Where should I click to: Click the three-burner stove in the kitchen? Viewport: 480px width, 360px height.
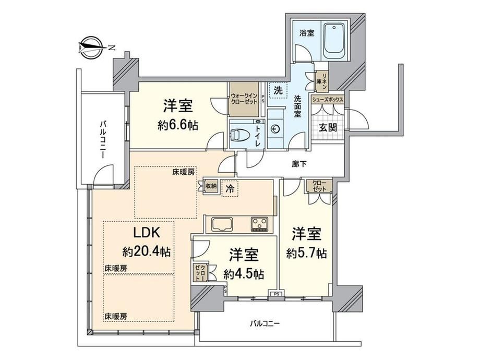pyautogui.click(x=259, y=224)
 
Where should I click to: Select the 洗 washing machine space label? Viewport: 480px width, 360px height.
pyautogui.click(x=278, y=90)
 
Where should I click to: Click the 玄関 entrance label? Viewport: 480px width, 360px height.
pyautogui.click(x=328, y=127)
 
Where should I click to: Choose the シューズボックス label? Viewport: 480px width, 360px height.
pyautogui.click(x=327, y=100)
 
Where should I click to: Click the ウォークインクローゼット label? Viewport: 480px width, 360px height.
pyautogui.click(x=244, y=99)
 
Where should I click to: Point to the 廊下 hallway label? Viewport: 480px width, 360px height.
pyautogui.click(x=299, y=164)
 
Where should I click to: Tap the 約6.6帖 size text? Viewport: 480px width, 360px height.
pyautogui.click(x=178, y=126)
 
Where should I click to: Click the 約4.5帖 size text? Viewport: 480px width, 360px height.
pyautogui.click(x=244, y=274)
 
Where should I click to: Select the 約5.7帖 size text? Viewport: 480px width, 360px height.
pyautogui.click(x=306, y=254)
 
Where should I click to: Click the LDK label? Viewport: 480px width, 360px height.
pyautogui.click(x=146, y=233)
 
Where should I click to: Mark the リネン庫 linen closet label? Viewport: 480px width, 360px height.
pyautogui.click(x=322, y=81)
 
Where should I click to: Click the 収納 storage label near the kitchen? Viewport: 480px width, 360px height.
pyautogui.click(x=211, y=186)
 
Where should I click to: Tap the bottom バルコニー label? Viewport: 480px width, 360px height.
pyautogui.click(x=265, y=323)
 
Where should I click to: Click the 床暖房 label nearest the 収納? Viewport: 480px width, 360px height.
pyautogui.click(x=183, y=172)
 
